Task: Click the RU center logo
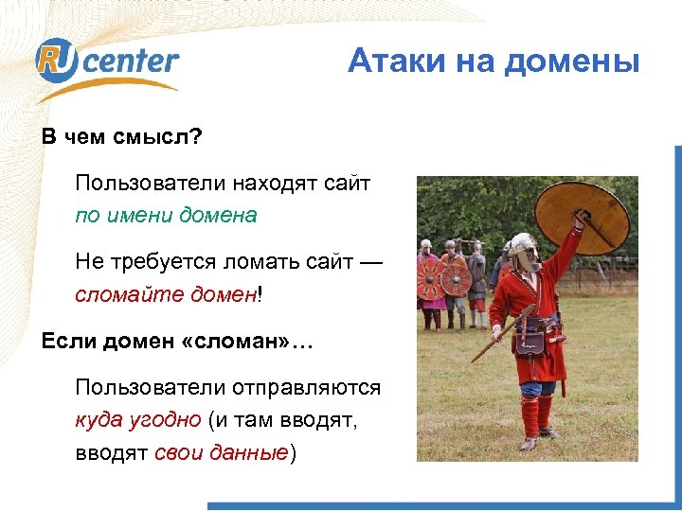(106, 64)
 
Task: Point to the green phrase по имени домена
(166, 215)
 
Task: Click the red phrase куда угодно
(138, 420)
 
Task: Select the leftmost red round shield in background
(432, 279)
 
